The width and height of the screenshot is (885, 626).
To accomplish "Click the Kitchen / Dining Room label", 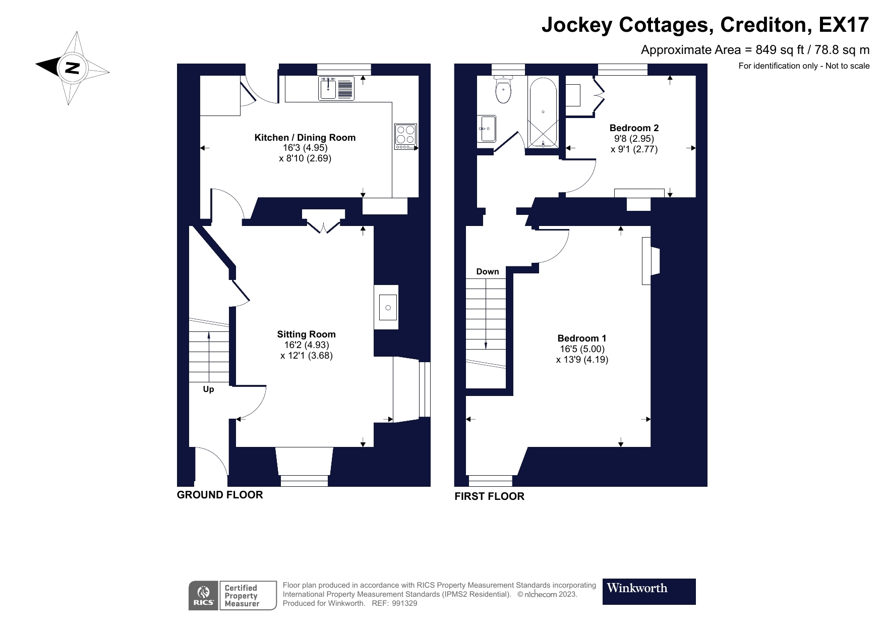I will click(x=305, y=138).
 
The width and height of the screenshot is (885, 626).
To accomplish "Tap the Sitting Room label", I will click(x=306, y=334).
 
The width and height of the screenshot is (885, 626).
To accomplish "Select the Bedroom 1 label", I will click(x=581, y=338).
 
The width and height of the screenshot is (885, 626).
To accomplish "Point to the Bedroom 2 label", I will click(x=634, y=128).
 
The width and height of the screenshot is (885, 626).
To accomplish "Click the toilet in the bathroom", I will click(x=503, y=90).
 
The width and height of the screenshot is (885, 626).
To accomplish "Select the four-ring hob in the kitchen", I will click(x=405, y=136).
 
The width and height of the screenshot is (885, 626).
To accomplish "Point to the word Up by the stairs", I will click(x=208, y=389).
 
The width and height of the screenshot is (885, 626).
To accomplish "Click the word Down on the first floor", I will click(x=487, y=272).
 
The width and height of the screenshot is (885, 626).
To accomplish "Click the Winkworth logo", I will click(x=648, y=591).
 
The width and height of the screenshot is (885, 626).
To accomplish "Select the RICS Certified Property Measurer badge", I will click(x=232, y=596).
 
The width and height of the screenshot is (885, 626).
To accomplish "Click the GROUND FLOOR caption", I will click(x=220, y=495).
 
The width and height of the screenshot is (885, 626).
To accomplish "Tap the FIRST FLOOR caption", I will click(x=489, y=496).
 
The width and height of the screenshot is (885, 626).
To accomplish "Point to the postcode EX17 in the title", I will click(x=844, y=25).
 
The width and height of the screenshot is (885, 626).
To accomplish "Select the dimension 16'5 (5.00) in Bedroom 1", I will click(x=582, y=349).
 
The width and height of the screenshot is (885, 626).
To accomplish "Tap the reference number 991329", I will click(x=404, y=603).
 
